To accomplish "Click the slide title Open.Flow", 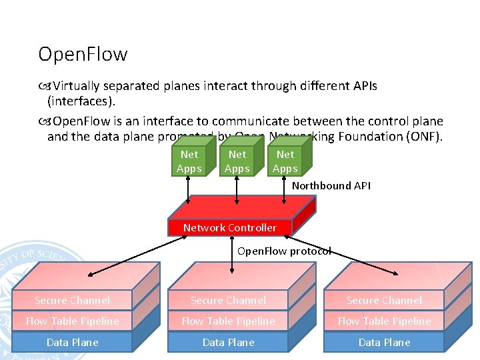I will (83, 54).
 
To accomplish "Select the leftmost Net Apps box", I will (189, 161).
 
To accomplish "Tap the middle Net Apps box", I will (237, 161).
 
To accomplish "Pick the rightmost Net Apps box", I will (285, 161).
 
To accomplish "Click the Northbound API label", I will (331, 186).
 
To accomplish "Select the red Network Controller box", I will (230, 227).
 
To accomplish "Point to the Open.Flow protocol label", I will (284, 251).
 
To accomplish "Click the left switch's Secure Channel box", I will (72, 301).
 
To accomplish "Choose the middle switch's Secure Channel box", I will (228, 301).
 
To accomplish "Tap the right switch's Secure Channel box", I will (384, 301).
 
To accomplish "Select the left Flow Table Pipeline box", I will (72, 321).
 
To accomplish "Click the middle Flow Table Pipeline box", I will (228, 321).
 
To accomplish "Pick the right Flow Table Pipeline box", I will (384, 321).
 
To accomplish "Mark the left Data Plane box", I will (72, 342).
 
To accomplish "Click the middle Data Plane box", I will (228, 342).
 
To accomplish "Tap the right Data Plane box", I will (384, 342).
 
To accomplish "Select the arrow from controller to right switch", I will (347, 256).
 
